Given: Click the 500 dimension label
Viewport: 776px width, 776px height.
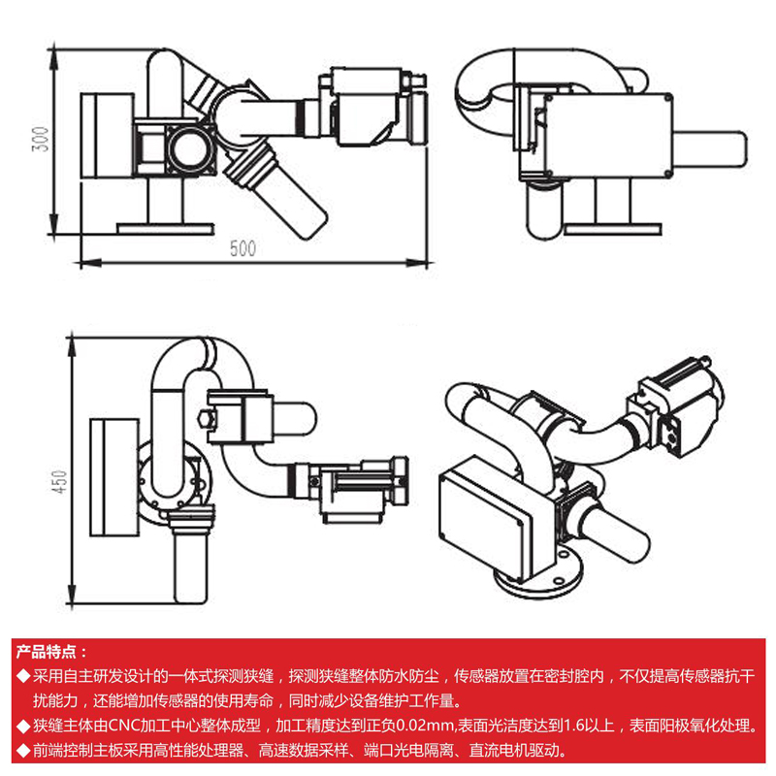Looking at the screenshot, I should [242, 248].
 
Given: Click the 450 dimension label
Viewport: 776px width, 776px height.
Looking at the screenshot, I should [60, 482].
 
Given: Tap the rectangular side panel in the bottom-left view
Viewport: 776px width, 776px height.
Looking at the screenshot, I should [113, 475].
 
